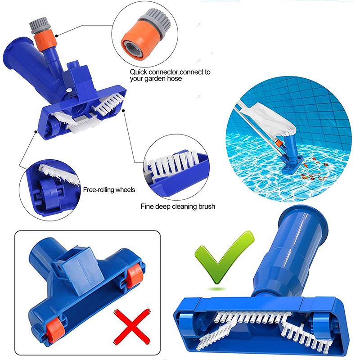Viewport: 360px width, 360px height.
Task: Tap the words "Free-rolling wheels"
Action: (x=109, y=190)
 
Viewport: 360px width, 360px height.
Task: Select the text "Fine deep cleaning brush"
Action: (x=177, y=207)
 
